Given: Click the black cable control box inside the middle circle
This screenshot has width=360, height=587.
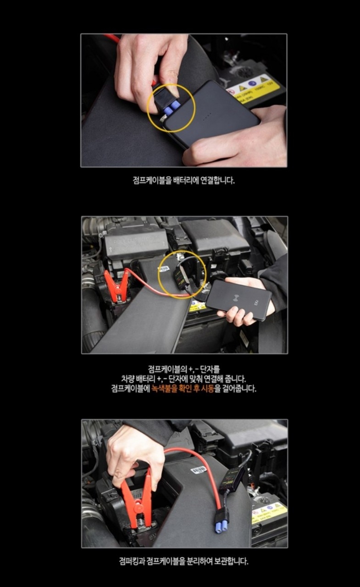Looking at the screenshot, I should point(180,278).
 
